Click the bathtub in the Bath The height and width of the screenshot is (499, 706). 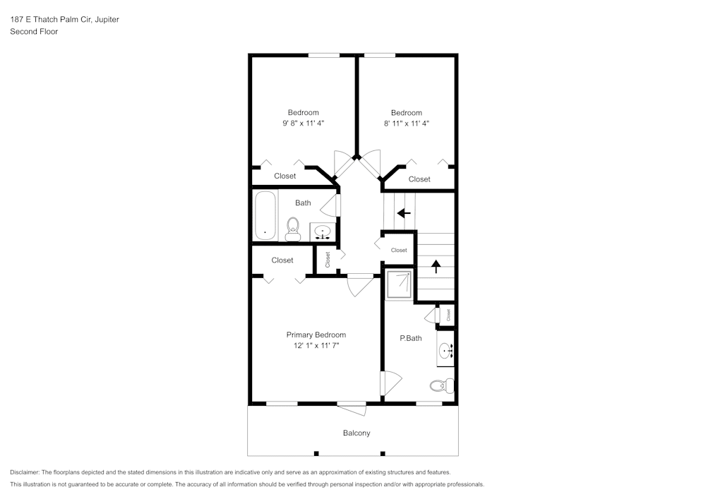pyautogui.click(x=265, y=215)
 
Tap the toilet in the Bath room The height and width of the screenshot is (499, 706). pyautogui.click(x=293, y=227)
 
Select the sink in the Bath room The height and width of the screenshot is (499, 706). pyautogui.click(x=323, y=232)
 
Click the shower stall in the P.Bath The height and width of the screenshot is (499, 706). pyautogui.click(x=399, y=283)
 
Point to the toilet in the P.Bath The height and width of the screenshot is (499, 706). pyautogui.click(x=441, y=385)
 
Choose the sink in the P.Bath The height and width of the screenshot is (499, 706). pyautogui.click(x=446, y=351)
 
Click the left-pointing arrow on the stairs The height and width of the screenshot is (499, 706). pyautogui.click(x=403, y=212)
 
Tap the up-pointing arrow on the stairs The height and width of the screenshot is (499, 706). pyautogui.click(x=436, y=266)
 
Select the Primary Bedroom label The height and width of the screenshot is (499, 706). pyautogui.click(x=316, y=335)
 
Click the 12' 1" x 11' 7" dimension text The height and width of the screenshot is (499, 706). pyautogui.click(x=316, y=346)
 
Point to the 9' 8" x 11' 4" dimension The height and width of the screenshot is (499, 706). pyautogui.click(x=303, y=123)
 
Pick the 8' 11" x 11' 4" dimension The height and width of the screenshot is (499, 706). pyautogui.click(x=407, y=123)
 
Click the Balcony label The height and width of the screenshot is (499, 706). pyautogui.click(x=357, y=433)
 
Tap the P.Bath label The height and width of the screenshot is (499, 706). pyautogui.click(x=410, y=338)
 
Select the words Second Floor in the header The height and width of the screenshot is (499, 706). pyautogui.click(x=34, y=32)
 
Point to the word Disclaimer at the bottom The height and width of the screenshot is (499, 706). pyautogui.click(x=25, y=472)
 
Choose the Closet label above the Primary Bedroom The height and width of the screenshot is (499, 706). pyautogui.click(x=282, y=260)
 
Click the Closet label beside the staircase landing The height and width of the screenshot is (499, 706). pyautogui.click(x=399, y=250)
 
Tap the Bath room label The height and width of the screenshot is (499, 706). pyautogui.click(x=303, y=203)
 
